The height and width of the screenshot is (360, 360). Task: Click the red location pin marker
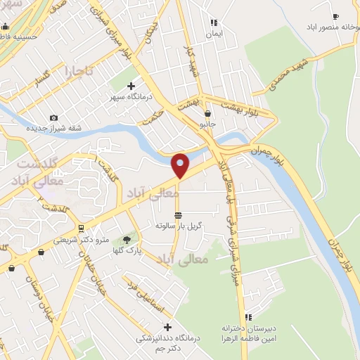coord(181,166)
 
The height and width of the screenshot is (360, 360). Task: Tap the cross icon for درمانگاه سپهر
coord(131,86)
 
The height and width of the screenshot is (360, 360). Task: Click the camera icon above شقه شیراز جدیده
coord(54,118)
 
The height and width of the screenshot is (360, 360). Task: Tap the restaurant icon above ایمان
coord(213,23)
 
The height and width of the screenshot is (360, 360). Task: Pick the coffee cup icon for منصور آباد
coord(335,16)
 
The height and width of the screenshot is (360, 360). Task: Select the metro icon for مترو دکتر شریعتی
coord(82,229)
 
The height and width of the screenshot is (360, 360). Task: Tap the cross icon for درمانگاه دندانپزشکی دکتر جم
coord(167,326)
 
